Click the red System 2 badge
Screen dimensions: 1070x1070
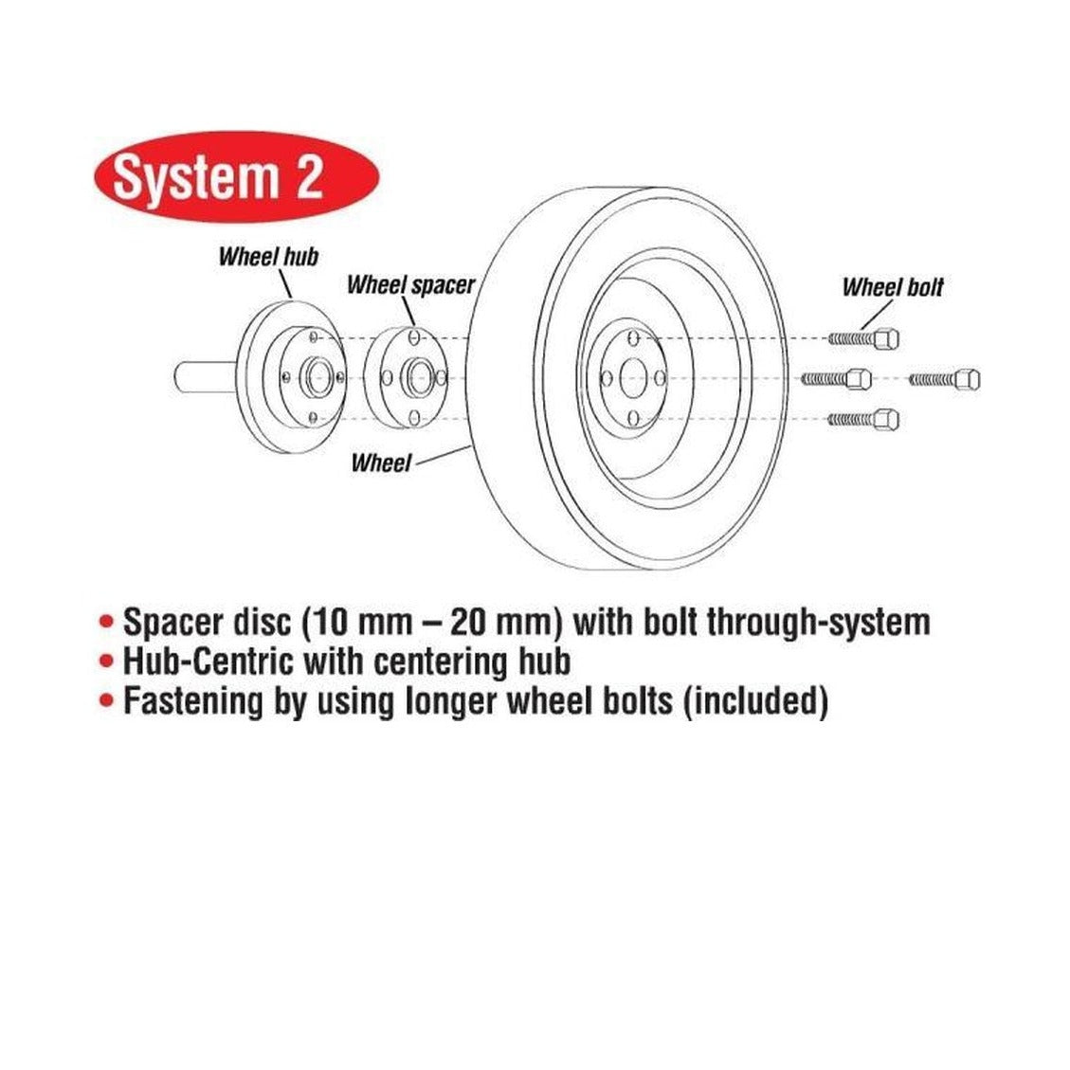[236, 176]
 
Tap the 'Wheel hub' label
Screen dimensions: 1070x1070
[268, 257]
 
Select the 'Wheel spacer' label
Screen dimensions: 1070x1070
[410, 284]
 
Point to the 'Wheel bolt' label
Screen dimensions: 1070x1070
[893, 286]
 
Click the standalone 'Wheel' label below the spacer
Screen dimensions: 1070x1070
[381, 462]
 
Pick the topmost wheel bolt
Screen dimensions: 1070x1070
[864, 338]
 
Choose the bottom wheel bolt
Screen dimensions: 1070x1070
[863, 418]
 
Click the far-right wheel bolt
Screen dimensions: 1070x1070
[945, 379]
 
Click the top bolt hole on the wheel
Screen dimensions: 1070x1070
[633, 338]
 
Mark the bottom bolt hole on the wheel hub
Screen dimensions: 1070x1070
[313, 417]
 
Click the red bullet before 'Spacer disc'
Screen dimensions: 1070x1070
[106, 622]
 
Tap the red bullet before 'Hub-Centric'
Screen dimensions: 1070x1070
[106, 661]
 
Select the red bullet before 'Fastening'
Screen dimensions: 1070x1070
[106, 699]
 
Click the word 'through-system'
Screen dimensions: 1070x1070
[818, 623]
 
